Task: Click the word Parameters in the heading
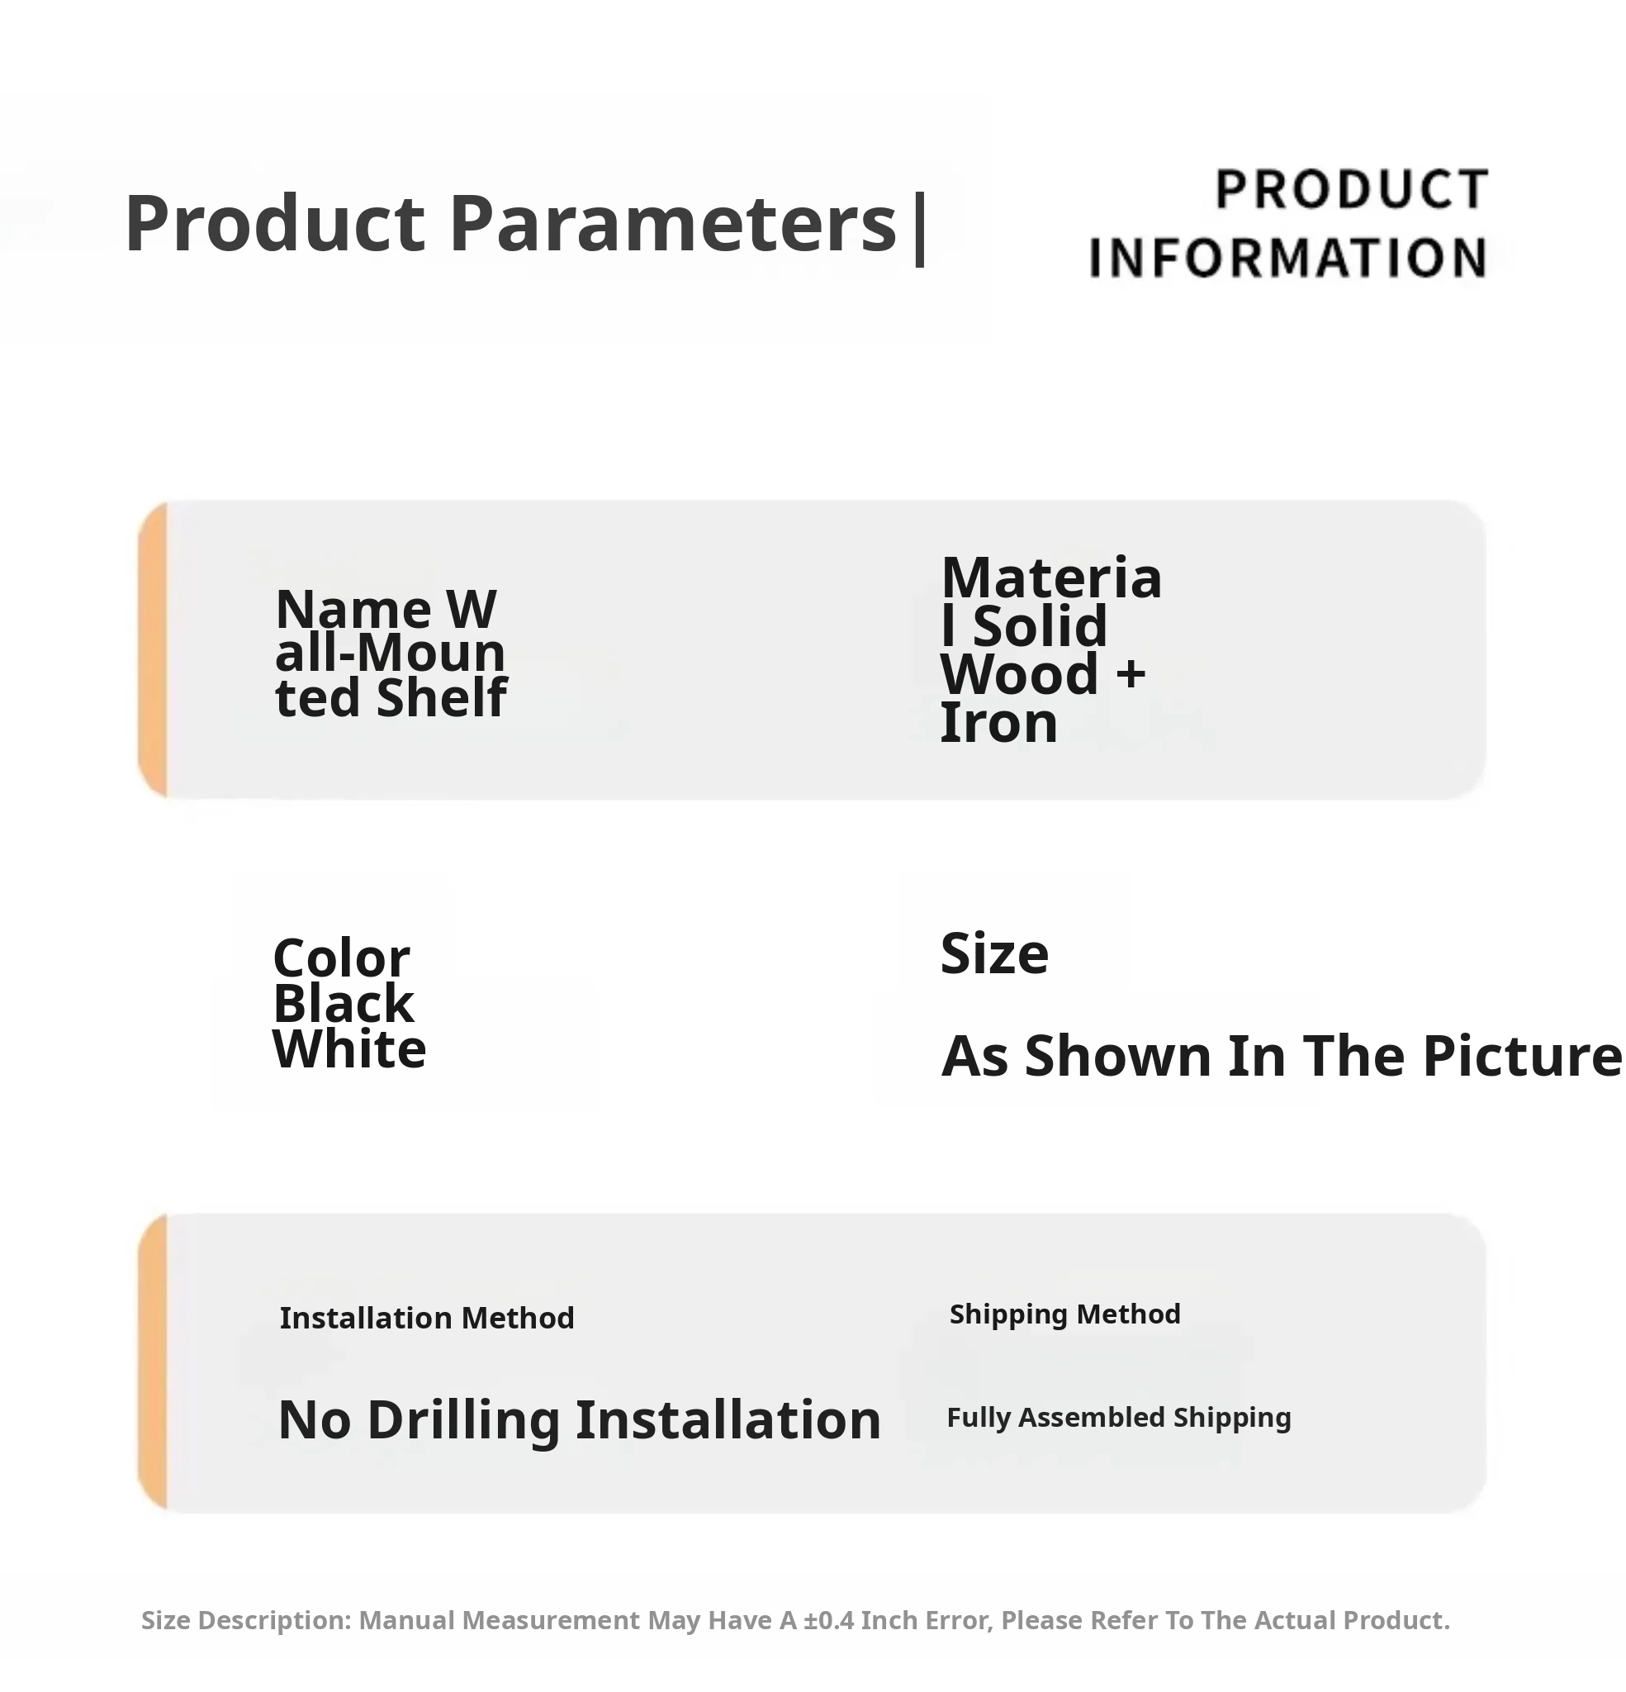pos(673,224)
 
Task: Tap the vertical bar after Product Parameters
pos(919,229)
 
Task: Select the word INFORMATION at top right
pos(1287,257)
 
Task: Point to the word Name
pos(353,610)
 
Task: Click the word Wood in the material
pos(1019,674)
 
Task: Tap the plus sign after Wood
pos(1131,674)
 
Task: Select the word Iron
pos(998,724)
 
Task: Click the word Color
pos(341,958)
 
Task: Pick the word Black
pos(344,1003)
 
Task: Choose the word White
pos(349,1050)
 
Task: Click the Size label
pos(994,954)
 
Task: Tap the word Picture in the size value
pos(1523,1056)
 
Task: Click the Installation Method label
pos(427,1319)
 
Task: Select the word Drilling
pos(464,1421)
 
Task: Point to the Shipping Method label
pos(1065,1314)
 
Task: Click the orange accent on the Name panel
pos(153,649)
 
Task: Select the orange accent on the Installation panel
pos(153,1363)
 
